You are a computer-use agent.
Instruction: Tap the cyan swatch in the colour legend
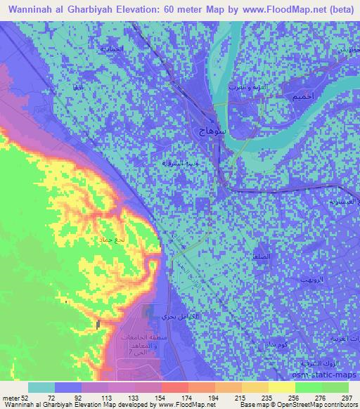coord(41,387)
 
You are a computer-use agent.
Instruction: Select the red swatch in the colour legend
coord(175,387)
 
